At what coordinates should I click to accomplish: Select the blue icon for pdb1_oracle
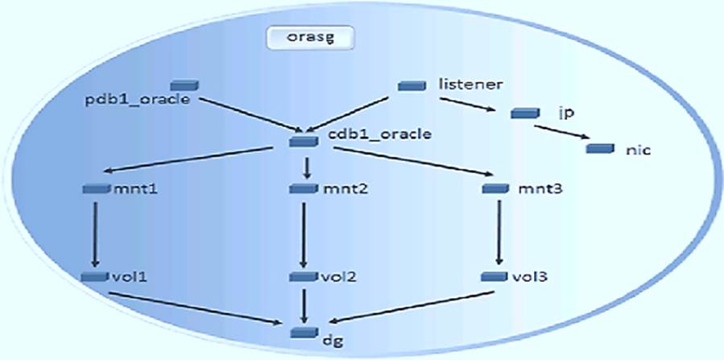(184, 85)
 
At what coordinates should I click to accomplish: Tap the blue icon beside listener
(413, 85)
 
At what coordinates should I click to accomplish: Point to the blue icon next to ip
(524, 113)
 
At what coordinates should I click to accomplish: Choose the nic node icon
(600, 149)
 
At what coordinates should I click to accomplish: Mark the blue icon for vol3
(494, 276)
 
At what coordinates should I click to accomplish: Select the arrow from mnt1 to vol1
(96, 234)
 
